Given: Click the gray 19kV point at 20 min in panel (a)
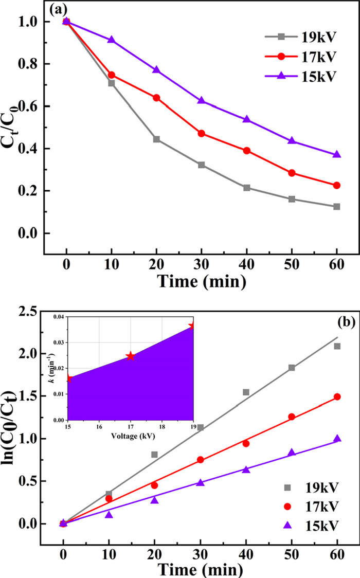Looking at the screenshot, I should pyautogui.click(x=156, y=139).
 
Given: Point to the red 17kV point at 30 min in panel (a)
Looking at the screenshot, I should pyautogui.click(x=201, y=134).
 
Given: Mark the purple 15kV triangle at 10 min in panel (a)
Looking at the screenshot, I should pyautogui.click(x=112, y=40).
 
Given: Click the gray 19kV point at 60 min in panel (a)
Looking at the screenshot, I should pyautogui.click(x=337, y=207).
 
